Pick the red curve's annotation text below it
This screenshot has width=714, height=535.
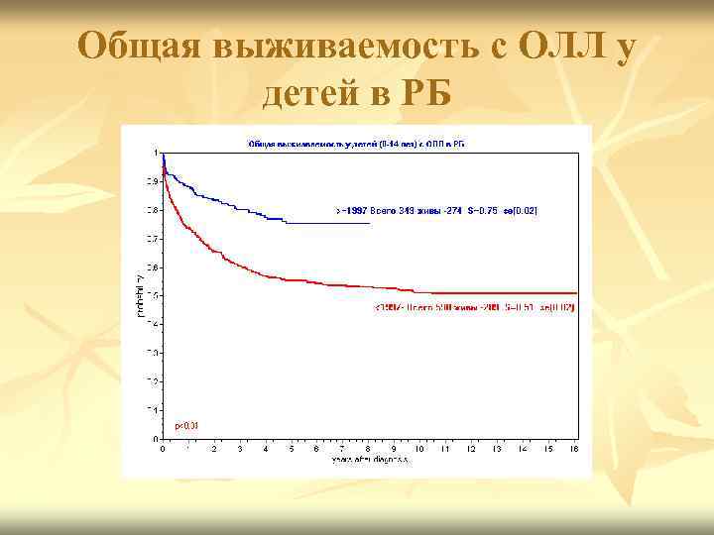[474, 307]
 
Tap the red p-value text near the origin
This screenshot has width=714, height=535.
[186, 426]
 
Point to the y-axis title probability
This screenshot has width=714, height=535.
[140, 294]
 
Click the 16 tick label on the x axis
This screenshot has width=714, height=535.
[575, 449]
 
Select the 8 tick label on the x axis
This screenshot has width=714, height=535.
[369, 449]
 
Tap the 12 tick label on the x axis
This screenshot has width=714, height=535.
[472, 449]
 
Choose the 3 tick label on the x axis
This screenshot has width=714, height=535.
[240, 449]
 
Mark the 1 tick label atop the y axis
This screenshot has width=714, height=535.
[155, 153]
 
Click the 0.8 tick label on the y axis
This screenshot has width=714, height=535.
[152, 210]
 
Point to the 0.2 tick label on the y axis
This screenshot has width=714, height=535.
[152, 381]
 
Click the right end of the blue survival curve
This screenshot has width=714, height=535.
[369, 223]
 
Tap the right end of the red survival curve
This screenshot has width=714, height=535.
[575, 293]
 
